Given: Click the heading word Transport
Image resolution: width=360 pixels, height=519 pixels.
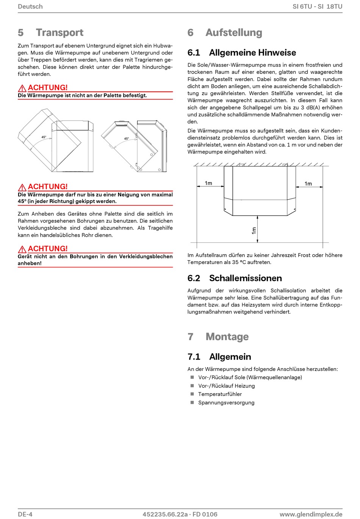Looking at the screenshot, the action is tap(59, 33).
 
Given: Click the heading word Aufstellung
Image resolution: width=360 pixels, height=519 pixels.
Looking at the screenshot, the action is tap(234, 33).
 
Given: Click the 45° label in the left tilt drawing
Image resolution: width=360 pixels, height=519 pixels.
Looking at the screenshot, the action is tap(44, 137).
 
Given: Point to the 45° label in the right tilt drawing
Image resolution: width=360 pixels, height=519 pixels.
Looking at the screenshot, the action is tap(127, 139).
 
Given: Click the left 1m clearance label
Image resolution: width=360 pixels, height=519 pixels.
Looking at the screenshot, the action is tap(208, 183).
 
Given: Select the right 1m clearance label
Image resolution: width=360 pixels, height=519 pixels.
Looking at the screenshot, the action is tap(308, 184).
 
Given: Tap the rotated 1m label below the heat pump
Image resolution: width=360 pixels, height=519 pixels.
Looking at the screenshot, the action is tap(254, 230).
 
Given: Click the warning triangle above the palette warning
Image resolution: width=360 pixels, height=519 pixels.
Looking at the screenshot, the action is tap(22, 88).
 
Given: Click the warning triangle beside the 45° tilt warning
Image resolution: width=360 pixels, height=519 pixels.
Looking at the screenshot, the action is tap(22, 187).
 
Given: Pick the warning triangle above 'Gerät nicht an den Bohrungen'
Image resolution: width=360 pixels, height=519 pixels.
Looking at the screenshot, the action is tap(22, 249).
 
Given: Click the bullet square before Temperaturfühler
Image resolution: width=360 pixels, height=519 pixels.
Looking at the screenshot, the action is tap(192, 394).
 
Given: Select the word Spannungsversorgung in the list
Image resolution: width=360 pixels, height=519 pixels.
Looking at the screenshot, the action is tap(226, 403).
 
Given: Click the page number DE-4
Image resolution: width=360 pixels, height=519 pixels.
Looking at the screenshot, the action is tap(25, 514).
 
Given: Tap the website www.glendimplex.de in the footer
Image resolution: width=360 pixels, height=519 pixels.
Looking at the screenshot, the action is tap(311, 514).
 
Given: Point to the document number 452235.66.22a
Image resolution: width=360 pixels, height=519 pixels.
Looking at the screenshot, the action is tap(165, 514).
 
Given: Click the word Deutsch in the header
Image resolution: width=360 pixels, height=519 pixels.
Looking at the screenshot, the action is tap(30, 6).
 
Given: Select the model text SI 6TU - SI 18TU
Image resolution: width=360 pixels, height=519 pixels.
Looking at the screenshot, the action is tap(317, 6).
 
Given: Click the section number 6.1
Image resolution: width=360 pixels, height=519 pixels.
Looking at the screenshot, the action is tap(194, 53).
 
